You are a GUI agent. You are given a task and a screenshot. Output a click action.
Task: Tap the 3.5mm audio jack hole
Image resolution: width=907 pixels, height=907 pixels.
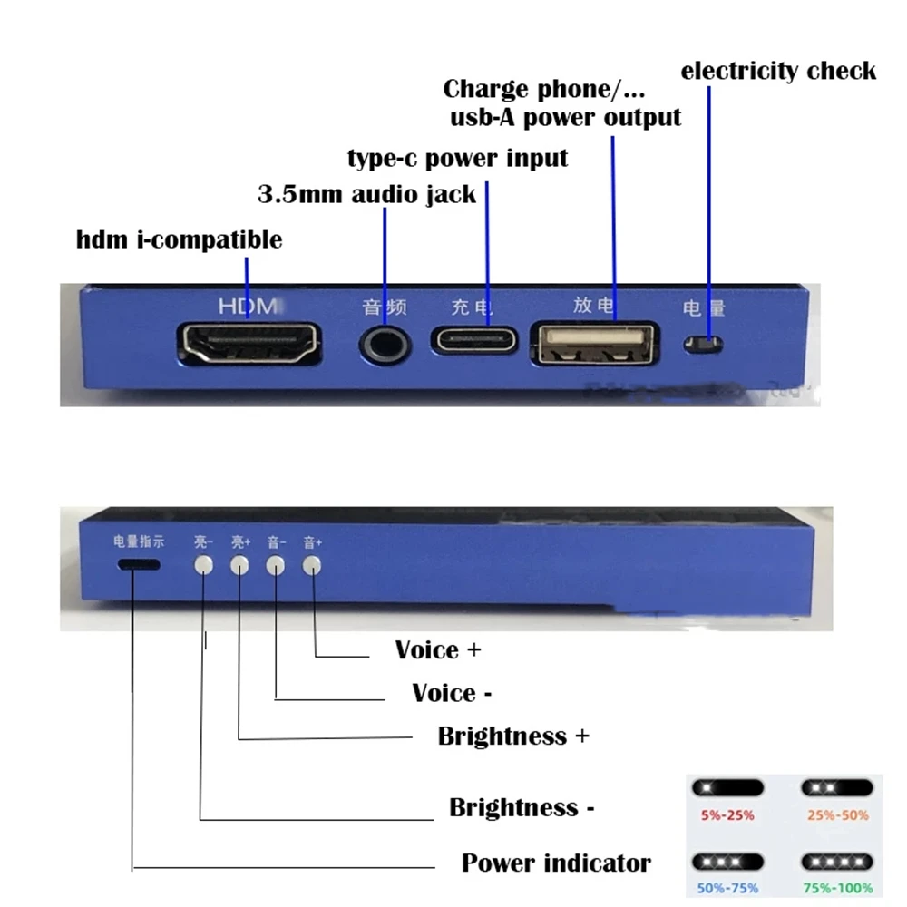coord(385,342)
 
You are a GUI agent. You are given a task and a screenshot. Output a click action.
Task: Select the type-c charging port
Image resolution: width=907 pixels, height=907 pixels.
coord(475,341)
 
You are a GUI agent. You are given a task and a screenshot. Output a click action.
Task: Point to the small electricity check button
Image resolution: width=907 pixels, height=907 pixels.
coord(704,345)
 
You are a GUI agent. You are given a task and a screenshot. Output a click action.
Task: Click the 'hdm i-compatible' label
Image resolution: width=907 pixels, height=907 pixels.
coord(180,240)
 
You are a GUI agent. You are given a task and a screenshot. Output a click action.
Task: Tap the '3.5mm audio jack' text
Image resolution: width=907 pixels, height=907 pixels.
coord(367,194)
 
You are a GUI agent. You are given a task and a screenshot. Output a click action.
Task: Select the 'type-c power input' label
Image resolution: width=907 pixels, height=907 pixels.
coord(458,158)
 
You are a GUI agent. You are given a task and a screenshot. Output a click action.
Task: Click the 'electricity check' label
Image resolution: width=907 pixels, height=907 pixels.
coord(778,71)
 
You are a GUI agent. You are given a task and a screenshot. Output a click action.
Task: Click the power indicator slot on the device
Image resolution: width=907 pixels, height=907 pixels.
coord(139,565)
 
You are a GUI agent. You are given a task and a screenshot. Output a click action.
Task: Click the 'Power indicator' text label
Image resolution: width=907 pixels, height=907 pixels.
coord(556,863)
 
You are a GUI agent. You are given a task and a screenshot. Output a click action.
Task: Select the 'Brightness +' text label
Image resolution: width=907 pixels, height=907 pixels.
coord(513,736)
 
